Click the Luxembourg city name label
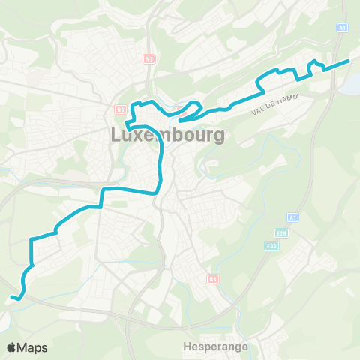pyautogui.click(x=168, y=136)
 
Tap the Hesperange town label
pyautogui.click(x=216, y=347)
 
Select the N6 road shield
pyautogui.click(x=120, y=108)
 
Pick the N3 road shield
pyautogui.click(x=212, y=278)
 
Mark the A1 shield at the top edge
pyautogui.click(x=343, y=27)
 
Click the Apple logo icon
pyautogui.click(x=12, y=347)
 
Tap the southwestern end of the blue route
pyautogui.click(x=13, y=298)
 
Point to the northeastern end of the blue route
pyautogui.click(x=349, y=60)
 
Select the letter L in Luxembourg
pyautogui.click(x=116, y=136)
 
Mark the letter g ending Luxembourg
pyautogui.click(x=219, y=137)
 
